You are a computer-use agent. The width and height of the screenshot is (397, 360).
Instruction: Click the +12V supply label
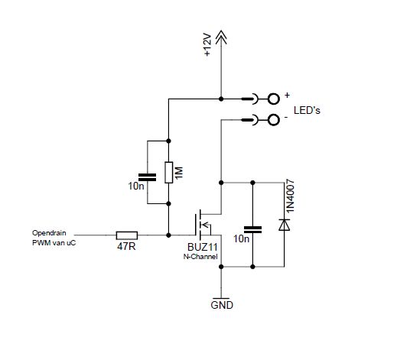pyautogui.click(x=207, y=44)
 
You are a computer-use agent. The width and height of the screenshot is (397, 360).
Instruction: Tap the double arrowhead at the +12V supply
pyautogui.click(x=221, y=37)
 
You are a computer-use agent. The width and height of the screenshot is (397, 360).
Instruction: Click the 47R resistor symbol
pyautogui.click(x=127, y=235)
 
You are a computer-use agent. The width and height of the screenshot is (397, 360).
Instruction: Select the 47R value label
pyautogui.click(x=126, y=246)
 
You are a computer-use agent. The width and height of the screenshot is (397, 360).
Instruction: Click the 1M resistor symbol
pyautogui.click(x=168, y=173)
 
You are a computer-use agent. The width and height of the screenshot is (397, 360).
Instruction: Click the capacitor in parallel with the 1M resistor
pyautogui.click(x=147, y=177)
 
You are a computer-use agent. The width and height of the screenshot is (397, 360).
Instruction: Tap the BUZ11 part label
pyautogui.click(x=202, y=247)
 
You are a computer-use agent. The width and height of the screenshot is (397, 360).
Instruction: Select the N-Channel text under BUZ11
pyautogui.click(x=200, y=257)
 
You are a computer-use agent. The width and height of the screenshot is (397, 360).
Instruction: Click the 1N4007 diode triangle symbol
pyautogui.click(x=284, y=225)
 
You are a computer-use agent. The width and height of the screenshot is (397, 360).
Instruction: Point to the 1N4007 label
pyautogui.click(x=291, y=196)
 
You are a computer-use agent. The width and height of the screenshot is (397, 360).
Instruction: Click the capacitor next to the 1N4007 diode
pyautogui.click(x=252, y=229)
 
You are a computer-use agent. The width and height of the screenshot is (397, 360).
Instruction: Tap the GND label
pyautogui.click(x=222, y=305)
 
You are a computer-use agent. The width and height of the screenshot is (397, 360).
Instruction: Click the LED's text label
pyautogui.click(x=307, y=110)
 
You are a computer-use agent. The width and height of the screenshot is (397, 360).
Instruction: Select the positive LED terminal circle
pyautogui.click(x=274, y=99)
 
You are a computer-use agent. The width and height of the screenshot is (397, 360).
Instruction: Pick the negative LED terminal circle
pyautogui.click(x=274, y=120)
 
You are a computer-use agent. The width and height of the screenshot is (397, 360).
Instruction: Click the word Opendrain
pyautogui.click(x=49, y=233)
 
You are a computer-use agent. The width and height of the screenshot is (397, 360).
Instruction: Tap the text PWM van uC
pyautogui.click(x=54, y=243)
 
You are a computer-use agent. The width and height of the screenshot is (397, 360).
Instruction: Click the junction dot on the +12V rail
pyautogui.click(x=221, y=99)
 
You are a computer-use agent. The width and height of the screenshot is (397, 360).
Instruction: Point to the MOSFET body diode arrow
pyautogui.click(x=205, y=225)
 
